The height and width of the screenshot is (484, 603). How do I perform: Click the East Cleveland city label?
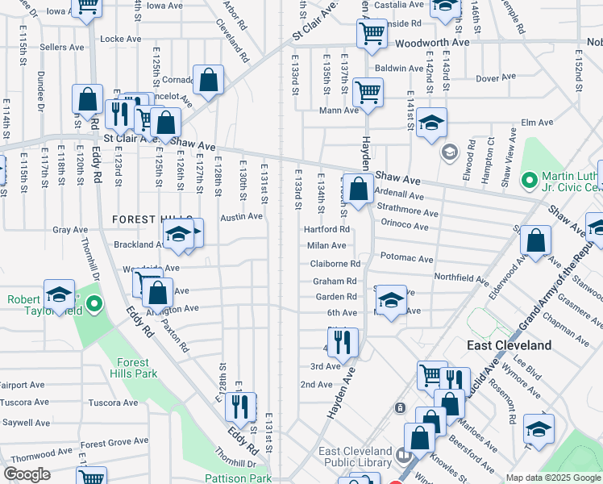[x=509, y=345]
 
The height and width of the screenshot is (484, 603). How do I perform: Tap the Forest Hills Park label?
[x=135, y=368]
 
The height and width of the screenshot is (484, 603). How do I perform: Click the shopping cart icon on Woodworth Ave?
[x=372, y=34]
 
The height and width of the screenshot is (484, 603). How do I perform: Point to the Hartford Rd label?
[x=326, y=229]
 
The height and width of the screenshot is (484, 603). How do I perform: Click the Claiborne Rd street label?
[x=335, y=264]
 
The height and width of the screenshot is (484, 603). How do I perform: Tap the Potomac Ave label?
[x=407, y=260]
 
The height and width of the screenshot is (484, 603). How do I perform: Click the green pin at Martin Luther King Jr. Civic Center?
[x=530, y=179]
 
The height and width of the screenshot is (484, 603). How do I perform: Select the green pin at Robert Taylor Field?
[x=94, y=305]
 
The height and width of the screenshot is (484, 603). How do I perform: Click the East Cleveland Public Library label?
[x=357, y=457]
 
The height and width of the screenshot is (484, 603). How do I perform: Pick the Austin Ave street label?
[x=242, y=216]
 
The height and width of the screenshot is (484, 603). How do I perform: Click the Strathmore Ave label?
[x=408, y=213]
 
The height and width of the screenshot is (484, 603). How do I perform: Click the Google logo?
[x=27, y=474]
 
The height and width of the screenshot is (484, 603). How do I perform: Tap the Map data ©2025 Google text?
[x=552, y=478]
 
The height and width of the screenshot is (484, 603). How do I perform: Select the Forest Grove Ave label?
[x=115, y=443]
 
